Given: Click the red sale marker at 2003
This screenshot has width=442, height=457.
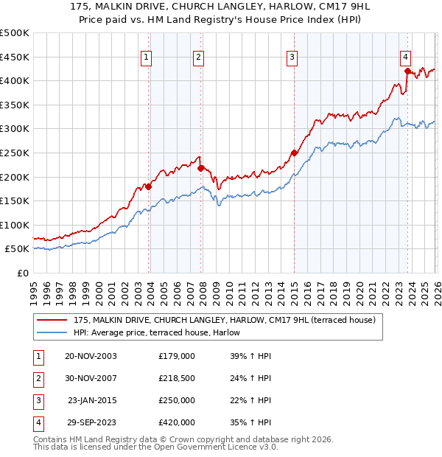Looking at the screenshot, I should [x=148, y=186].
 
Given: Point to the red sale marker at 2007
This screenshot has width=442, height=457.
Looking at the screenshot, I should [x=200, y=168].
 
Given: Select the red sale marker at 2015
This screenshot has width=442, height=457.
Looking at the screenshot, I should [x=293, y=153].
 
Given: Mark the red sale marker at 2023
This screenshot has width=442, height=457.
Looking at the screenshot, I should [x=407, y=71].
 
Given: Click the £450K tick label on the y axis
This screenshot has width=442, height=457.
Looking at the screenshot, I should [x=15, y=57].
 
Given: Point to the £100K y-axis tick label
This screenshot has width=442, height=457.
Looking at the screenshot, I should [x=15, y=225].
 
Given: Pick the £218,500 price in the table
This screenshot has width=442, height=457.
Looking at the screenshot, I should [x=176, y=378].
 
